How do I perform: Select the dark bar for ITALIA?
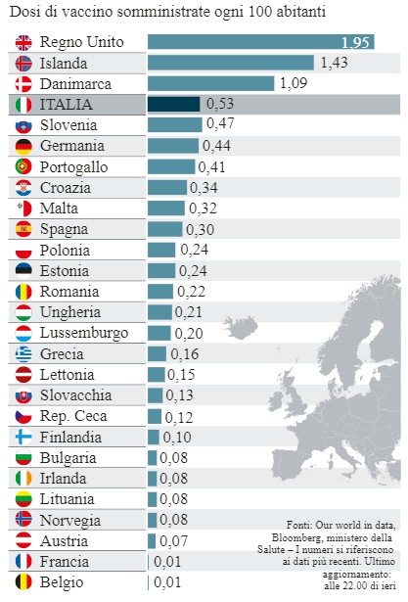tap(173, 104)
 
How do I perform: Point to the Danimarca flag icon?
tap(24, 83)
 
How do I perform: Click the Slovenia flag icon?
tap(24, 125)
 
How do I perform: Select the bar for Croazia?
tap(166, 187)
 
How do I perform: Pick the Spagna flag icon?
tap(24, 229)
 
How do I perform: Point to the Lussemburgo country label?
tap(84, 333)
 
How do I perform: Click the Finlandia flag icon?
tap(24, 437)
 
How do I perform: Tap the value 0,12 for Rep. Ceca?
tap(179, 416)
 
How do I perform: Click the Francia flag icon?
tap(24, 562)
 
